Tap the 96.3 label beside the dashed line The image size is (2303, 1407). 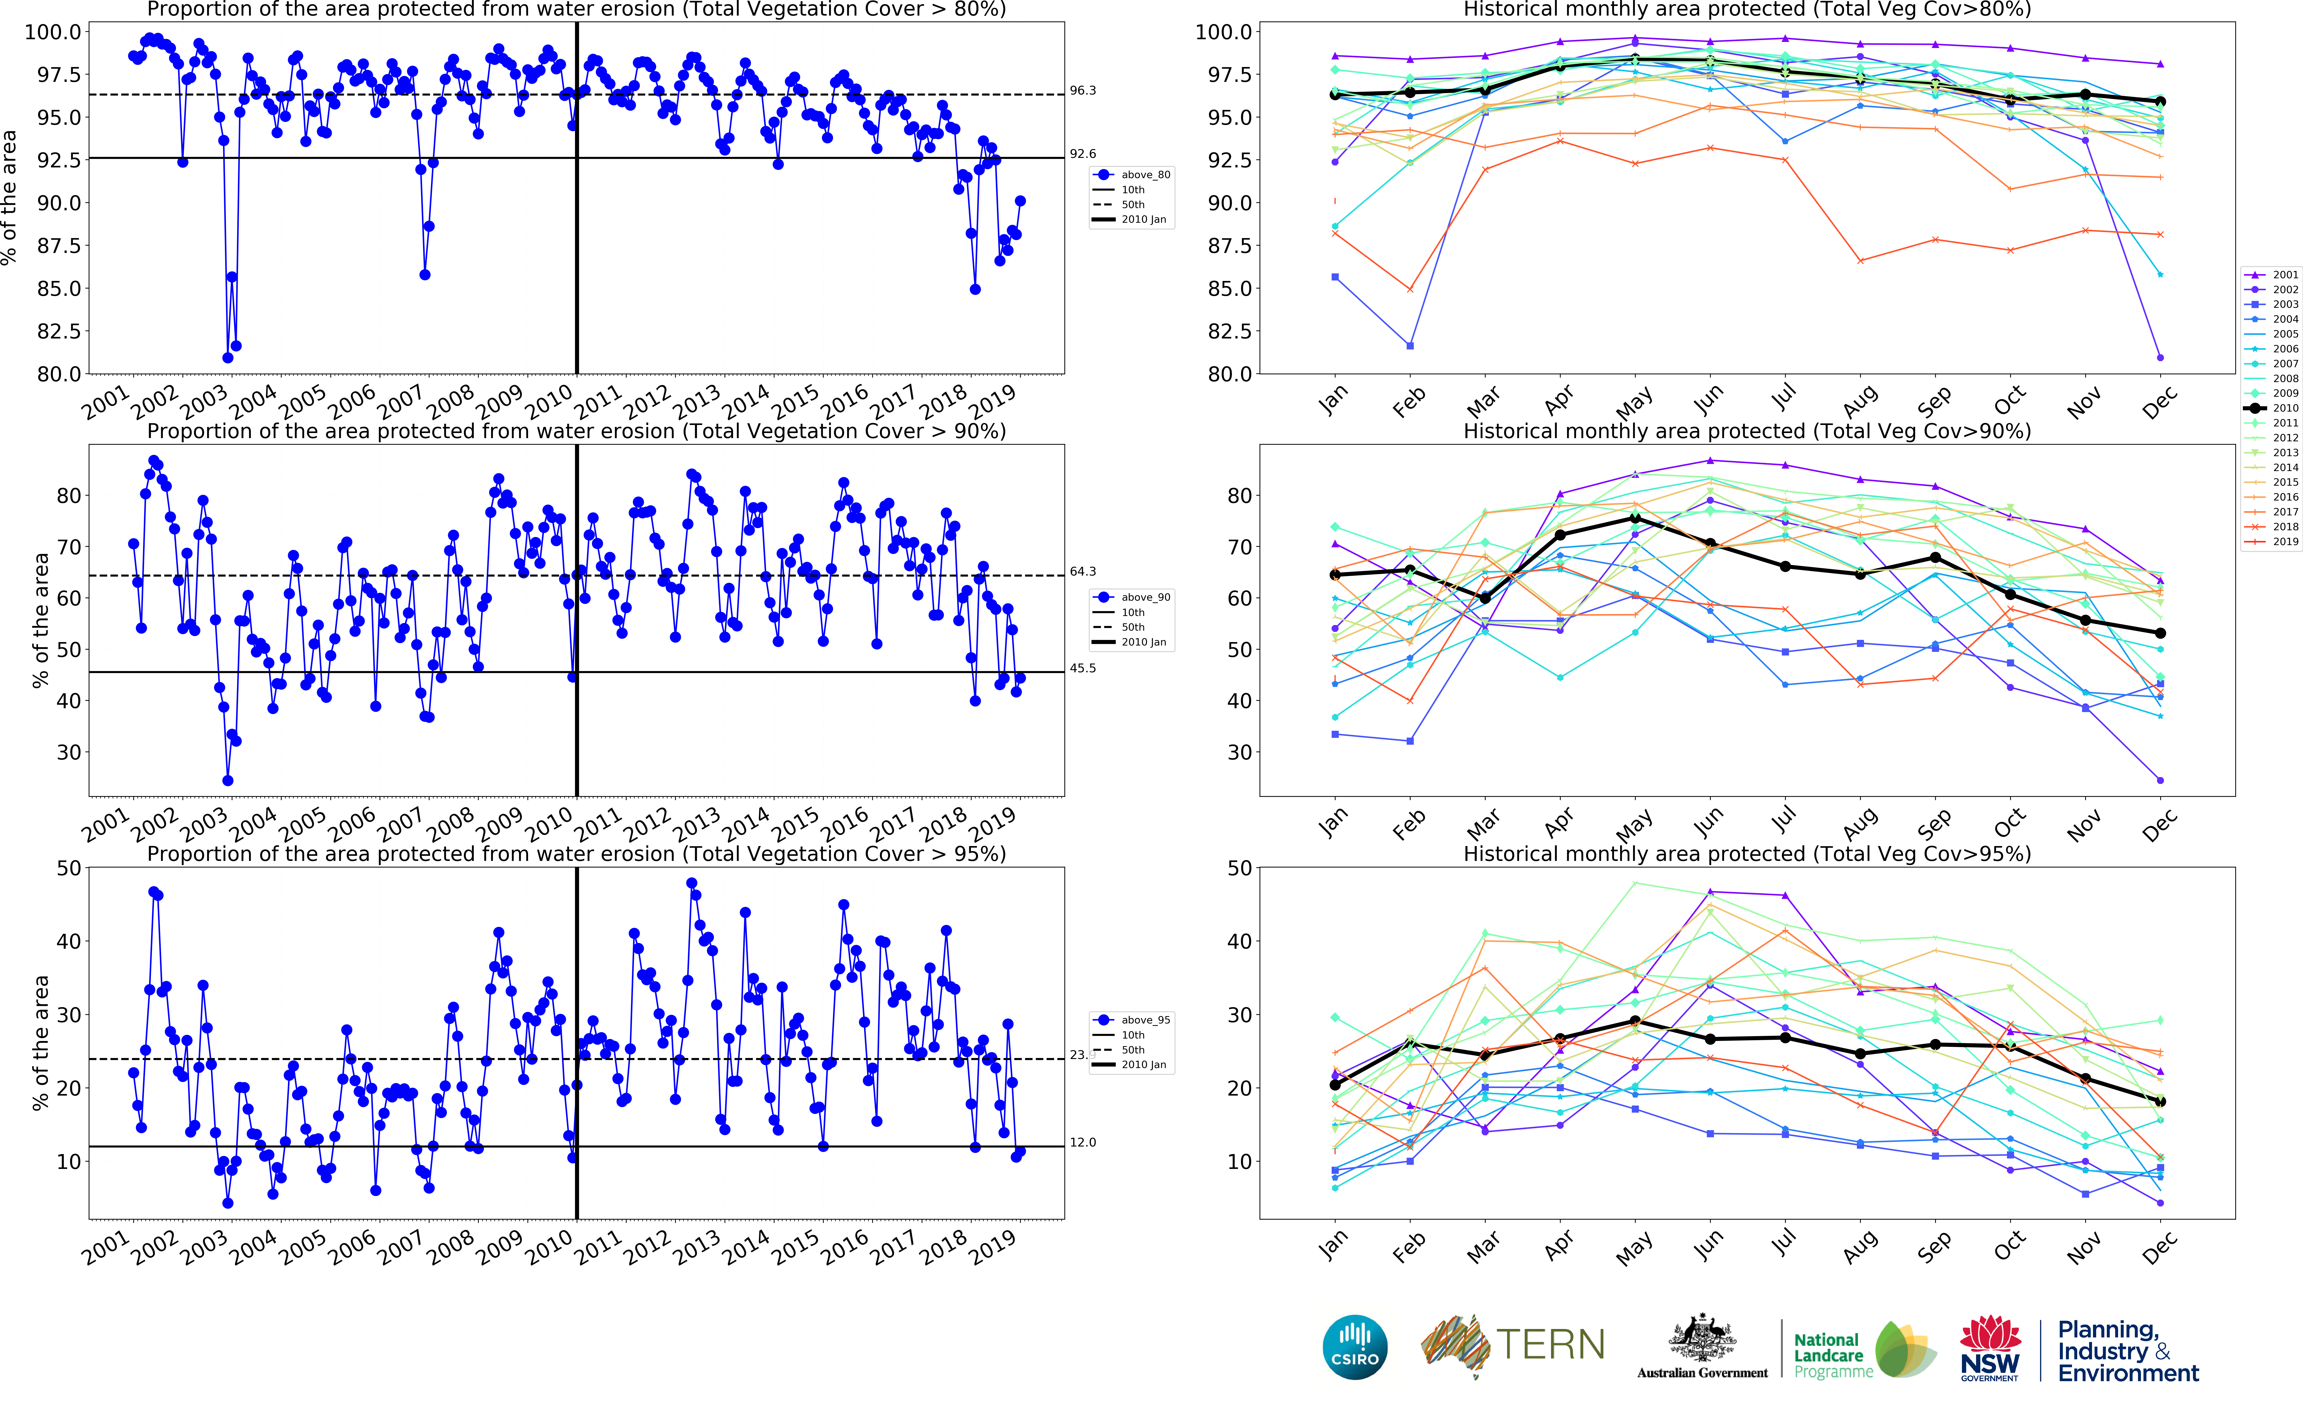pyautogui.click(x=1082, y=91)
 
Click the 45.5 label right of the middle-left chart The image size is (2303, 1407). pyautogui.click(x=1082, y=668)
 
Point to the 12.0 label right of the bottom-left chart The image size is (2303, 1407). pyautogui.click(x=1082, y=1142)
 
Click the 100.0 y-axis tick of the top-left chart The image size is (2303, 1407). pyautogui.click(x=52, y=32)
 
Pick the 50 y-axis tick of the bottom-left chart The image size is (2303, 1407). pyautogui.click(x=68, y=867)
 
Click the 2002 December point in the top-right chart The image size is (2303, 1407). pyautogui.click(x=2160, y=357)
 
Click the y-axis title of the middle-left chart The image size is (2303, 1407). pyautogui.click(x=40, y=620)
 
